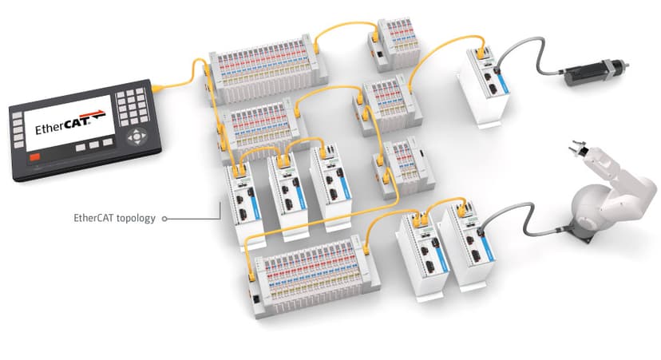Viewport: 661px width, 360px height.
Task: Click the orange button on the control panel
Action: (x=34, y=158)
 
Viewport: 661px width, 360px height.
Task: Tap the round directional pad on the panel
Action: (x=140, y=136)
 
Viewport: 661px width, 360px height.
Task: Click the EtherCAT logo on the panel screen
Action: (x=63, y=125)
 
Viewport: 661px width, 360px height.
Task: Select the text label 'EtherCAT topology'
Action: (x=113, y=216)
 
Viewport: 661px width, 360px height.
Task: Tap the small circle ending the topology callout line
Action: (x=164, y=217)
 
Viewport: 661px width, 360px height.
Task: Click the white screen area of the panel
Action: (x=64, y=125)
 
